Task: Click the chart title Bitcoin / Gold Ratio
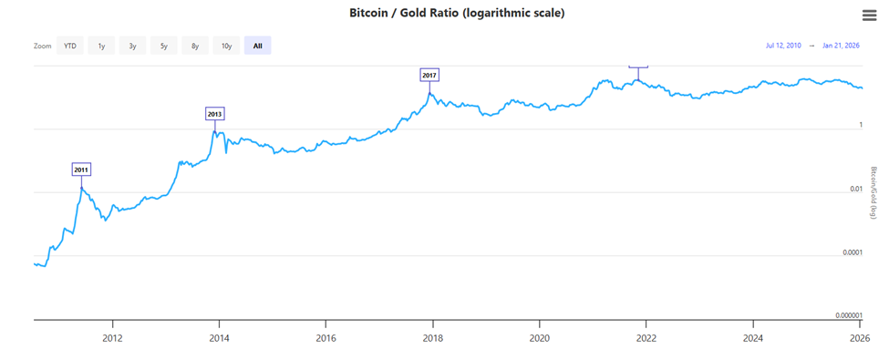444,14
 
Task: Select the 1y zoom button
100,46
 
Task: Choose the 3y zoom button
132,46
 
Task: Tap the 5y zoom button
163,46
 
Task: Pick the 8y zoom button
194,46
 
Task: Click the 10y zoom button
226,46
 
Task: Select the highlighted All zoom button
257,46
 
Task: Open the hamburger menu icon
869,15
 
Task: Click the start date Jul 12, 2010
783,46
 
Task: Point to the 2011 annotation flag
82,170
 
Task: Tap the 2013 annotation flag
214,114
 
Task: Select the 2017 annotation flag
429,75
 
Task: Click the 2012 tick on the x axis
112,336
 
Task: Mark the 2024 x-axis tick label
752,336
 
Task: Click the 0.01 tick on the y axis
854,190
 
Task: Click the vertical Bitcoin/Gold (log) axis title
873,192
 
